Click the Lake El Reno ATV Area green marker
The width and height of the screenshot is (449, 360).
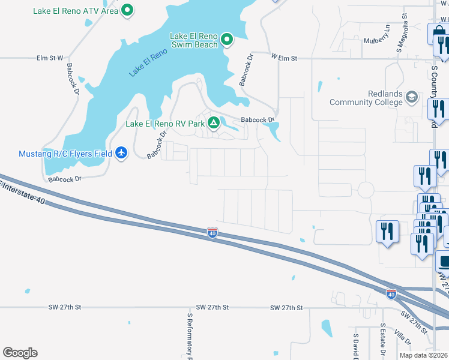pyautogui.click(x=127, y=10)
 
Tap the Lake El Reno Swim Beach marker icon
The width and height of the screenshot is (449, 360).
pyautogui.click(x=226, y=40)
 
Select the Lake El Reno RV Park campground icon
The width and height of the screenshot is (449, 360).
pyautogui.click(x=213, y=124)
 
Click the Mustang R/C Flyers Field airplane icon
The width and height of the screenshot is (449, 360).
pyautogui.click(x=122, y=153)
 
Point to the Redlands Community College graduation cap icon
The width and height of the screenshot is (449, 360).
pyautogui.click(x=412, y=97)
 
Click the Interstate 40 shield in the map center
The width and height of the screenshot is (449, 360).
pyautogui.click(x=212, y=232)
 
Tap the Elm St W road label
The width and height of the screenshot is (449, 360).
pyautogui.click(x=50, y=58)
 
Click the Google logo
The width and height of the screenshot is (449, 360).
pyautogui.click(x=20, y=353)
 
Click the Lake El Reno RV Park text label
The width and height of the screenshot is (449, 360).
pyautogui.click(x=164, y=124)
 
